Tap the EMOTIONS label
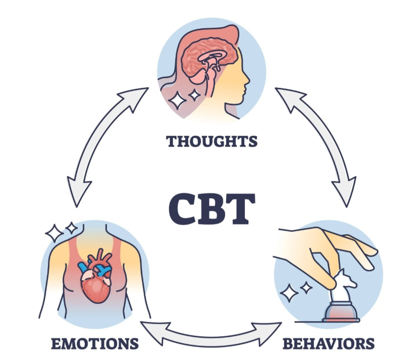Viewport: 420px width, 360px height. click(94, 344)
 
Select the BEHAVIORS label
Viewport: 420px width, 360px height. click(328, 344)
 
